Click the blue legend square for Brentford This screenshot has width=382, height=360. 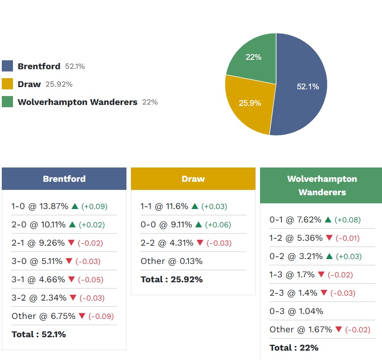pyautogui.click(x=8, y=66)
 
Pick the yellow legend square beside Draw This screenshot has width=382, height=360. pyautogui.click(x=8, y=84)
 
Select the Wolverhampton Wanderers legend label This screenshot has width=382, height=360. pyautogui.click(x=77, y=102)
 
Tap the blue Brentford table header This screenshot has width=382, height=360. pyautogui.click(x=64, y=179)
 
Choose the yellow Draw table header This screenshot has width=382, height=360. pyautogui.click(x=193, y=179)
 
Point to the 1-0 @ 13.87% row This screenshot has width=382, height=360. pyautogui.click(x=40, y=206)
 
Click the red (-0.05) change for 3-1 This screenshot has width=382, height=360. pyautogui.click(x=90, y=280)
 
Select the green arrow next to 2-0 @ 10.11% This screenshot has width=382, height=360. pyautogui.click(x=73, y=225)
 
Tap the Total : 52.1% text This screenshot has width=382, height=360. pyautogui.click(x=38, y=334)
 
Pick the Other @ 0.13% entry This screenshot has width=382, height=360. pyautogui.click(x=172, y=261)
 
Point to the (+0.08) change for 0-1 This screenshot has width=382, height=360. pyautogui.click(x=348, y=220)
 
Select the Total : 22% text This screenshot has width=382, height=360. pyautogui.click(x=294, y=347)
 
